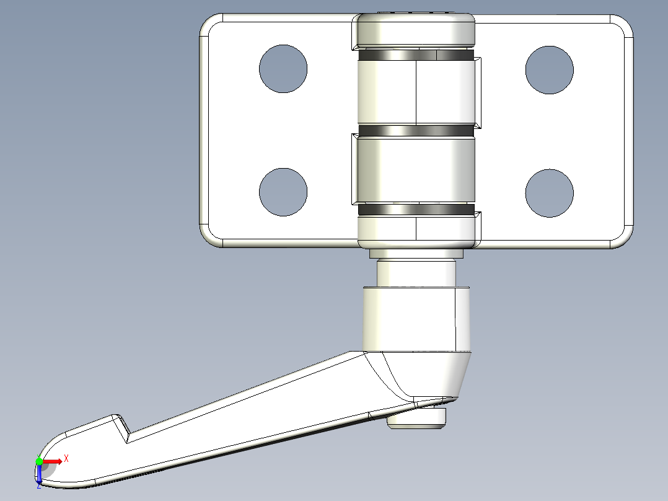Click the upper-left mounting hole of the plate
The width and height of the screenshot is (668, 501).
coord(283,69)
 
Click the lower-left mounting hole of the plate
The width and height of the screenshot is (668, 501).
coord(283,192)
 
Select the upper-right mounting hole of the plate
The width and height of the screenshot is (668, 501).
coord(549,69)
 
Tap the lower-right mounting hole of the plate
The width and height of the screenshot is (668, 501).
coord(549,193)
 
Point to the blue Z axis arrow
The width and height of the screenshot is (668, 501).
coord(39,475)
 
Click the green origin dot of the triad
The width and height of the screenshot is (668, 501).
coord(39,461)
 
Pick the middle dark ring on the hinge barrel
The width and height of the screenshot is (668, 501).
coord(416,131)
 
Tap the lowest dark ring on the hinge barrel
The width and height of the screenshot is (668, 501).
coord(416,210)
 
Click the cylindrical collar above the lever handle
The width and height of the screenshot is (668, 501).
coord(416,318)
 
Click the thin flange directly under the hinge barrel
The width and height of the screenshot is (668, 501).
coord(416,254)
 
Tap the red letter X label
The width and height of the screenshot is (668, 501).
coord(66,458)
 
